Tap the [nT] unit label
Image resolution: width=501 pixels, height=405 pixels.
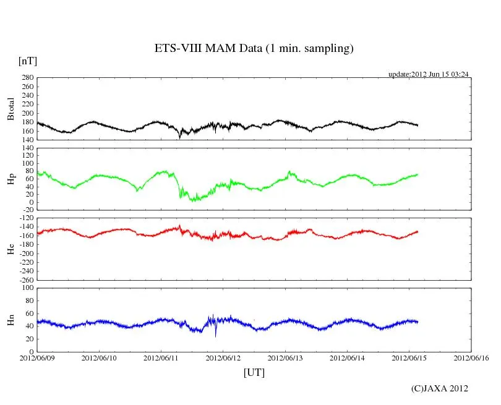coord(27,61)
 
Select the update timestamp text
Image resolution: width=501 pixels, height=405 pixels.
coord(428,74)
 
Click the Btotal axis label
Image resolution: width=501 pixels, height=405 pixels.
coord(11,109)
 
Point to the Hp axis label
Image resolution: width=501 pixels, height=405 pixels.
coord(11,179)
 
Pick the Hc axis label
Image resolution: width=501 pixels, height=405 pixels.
coord(11,249)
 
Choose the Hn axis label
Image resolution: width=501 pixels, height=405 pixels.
coord(11,320)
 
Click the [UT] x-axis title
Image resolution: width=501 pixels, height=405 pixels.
coord(254,372)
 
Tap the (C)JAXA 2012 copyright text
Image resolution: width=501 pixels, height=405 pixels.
coord(439,388)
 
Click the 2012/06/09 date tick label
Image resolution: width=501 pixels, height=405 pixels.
coord(37,358)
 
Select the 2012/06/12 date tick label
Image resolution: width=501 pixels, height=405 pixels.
coord(223,358)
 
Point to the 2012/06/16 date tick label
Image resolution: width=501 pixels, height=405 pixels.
coord(471,358)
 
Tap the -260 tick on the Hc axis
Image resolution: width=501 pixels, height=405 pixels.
coord(25,279)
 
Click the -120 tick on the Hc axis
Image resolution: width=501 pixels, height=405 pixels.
coord(25,218)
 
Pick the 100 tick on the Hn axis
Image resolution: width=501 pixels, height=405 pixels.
coord(28,288)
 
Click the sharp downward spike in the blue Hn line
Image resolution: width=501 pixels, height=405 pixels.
coord(216,335)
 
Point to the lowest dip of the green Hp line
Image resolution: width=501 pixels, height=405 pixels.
coord(192,200)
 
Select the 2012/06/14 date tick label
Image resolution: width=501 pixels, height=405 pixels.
coord(347,358)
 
